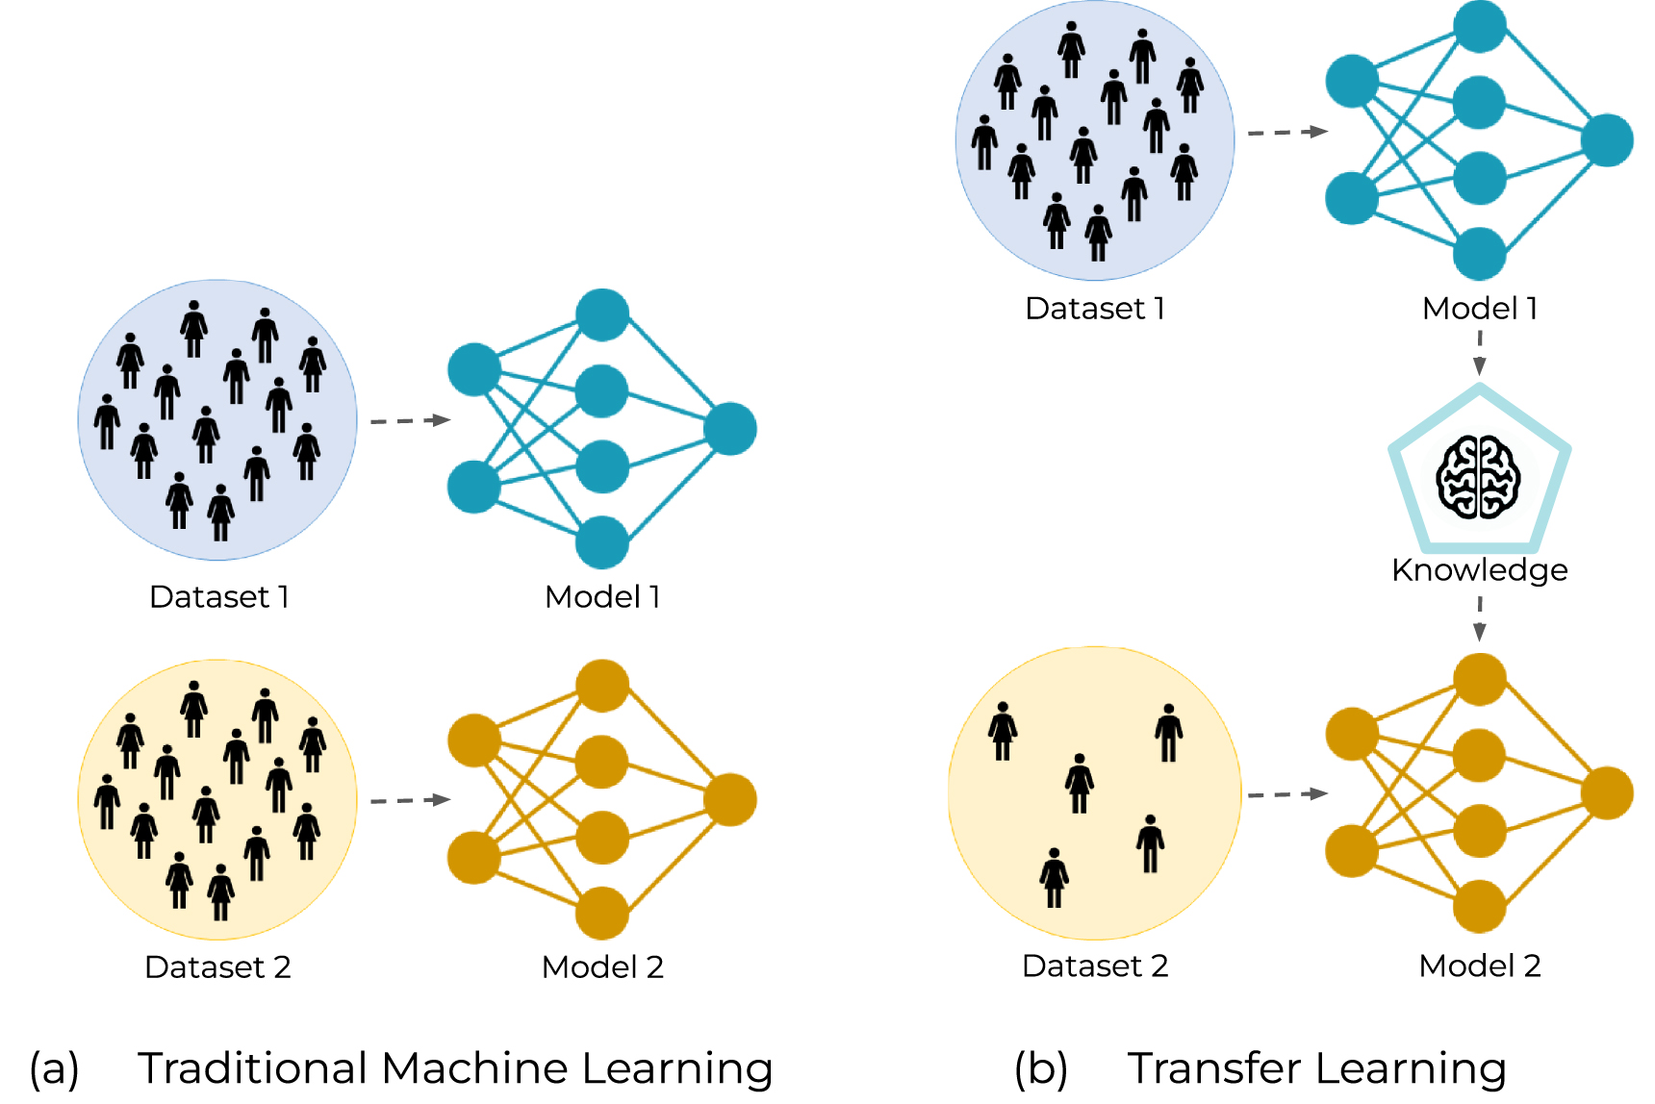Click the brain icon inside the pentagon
[1478, 477]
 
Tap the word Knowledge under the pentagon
[1479, 570]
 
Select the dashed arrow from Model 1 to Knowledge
[1480, 352]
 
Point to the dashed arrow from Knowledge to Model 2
[1480, 618]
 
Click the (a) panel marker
[54, 1069]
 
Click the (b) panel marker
[1041, 1069]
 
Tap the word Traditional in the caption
[252, 1068]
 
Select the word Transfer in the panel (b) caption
[1217, 1068]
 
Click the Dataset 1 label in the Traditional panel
[219, 597]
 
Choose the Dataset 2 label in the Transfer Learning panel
[1095, 966]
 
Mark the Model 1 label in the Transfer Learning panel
[1480, 309]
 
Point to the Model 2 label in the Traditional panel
[602, 967]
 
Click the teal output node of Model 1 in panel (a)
[730, 429]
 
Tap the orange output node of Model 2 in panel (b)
[1607, 793]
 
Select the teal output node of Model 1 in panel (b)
[1607, 140]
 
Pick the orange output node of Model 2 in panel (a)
[730, 800]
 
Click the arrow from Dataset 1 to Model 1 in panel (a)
[411, 420]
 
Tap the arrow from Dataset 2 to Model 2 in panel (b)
[1287, 794]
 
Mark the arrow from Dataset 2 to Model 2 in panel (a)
[411, 800]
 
